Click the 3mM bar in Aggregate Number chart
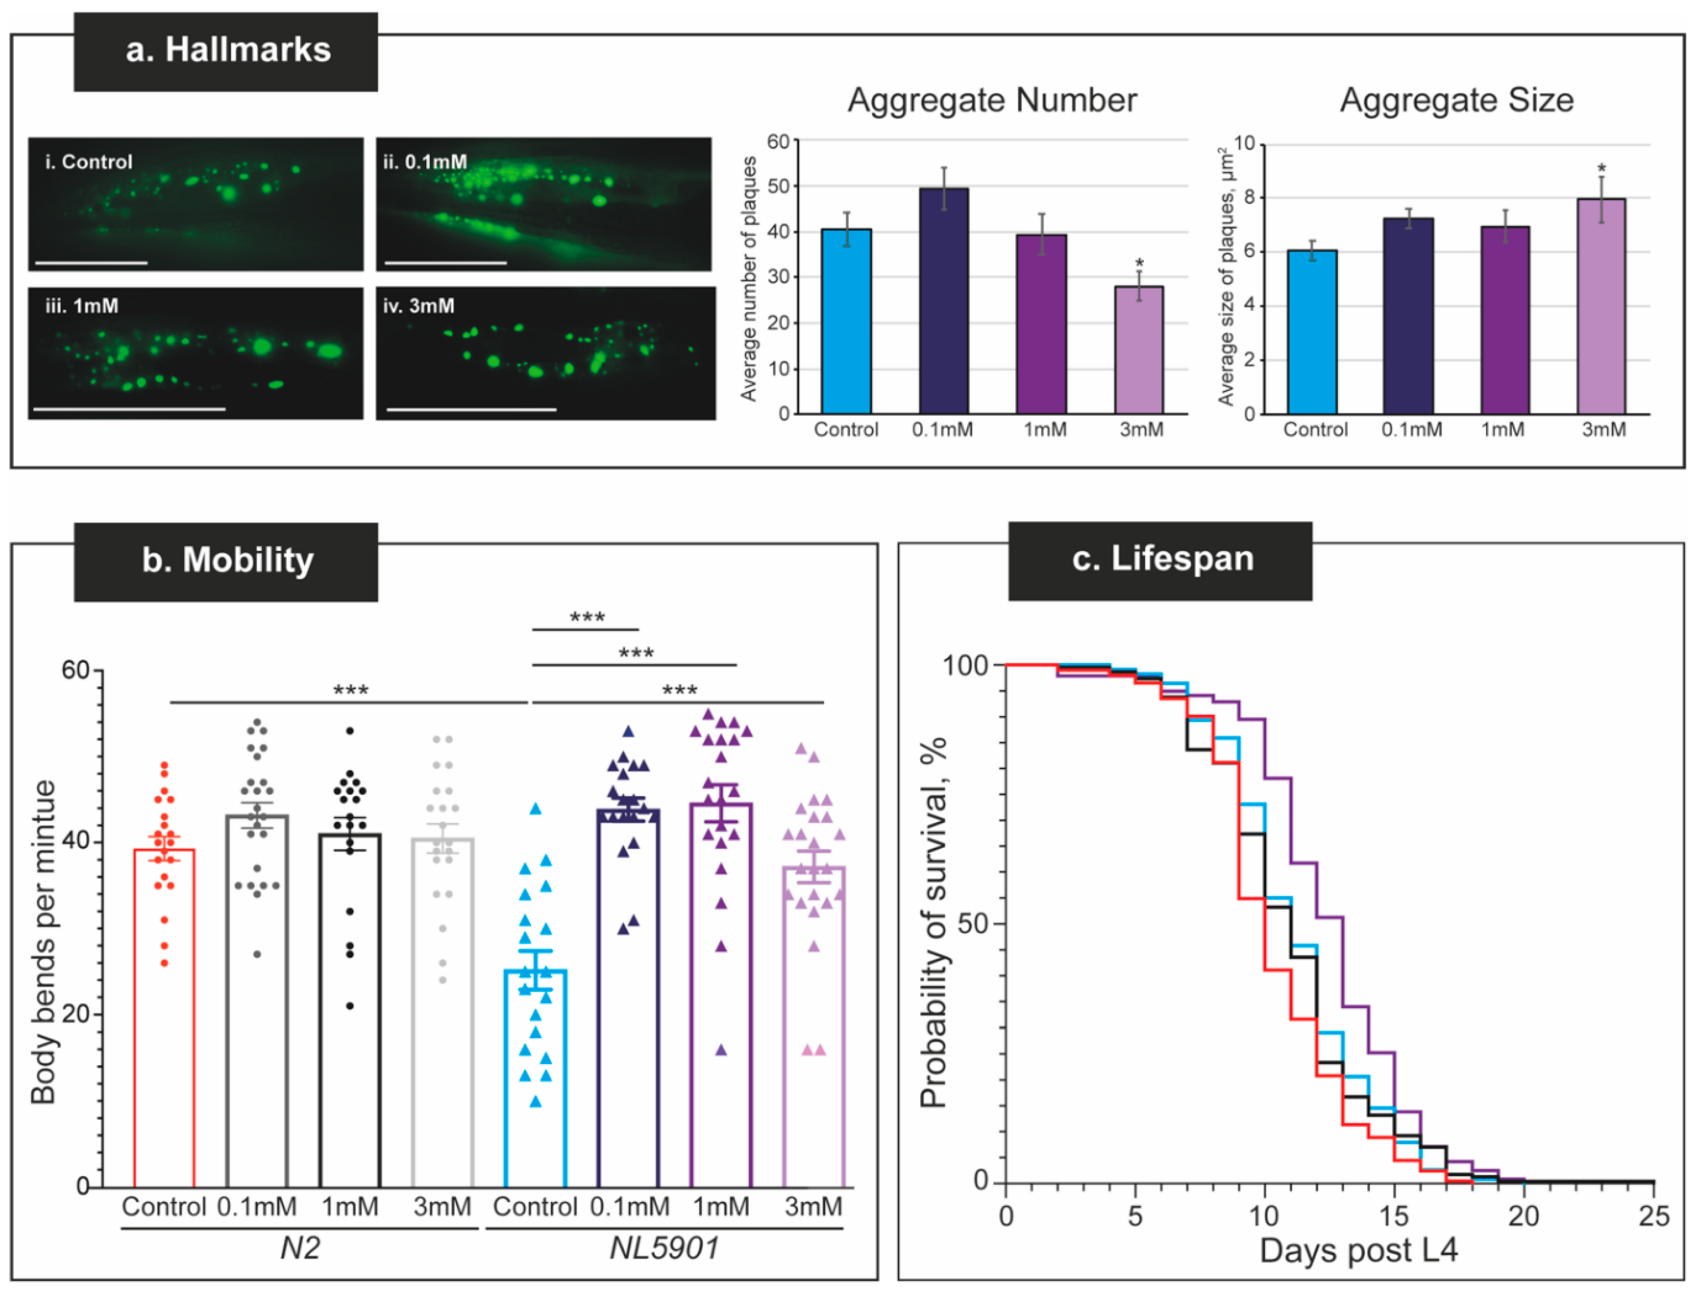click(x=1138, y=350)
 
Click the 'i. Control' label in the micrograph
click(x=89, y=162)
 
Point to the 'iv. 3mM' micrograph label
click(x=418, y=306)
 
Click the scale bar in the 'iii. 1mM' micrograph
click(x=129, y=408)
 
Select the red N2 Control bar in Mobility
click(x=164, y=1018)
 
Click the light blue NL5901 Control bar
click(x=535, y=1079)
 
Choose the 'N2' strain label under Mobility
click(x=299, y=1247)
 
